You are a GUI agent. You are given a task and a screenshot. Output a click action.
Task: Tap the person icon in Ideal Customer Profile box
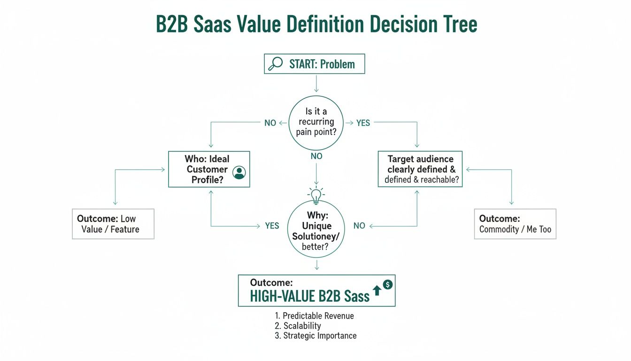pyautogui.click(x=239, y=173)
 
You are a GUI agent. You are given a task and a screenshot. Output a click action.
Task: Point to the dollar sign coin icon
pyautogui.click(x=387, y=284)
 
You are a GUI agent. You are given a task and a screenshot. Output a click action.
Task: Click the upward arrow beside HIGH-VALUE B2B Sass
pyautogui.click(x=377, y=292)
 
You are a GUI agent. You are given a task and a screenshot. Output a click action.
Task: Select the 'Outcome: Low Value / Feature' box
pyautogui.click(x=113, y=224)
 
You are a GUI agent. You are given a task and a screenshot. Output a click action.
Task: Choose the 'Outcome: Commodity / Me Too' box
pyautogui.click(x=515, y=224)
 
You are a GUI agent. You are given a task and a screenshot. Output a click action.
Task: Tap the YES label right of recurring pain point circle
pyautogui.click(x=363, y=123)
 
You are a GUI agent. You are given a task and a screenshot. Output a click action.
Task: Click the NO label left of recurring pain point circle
pyautogui.click(x=270, y=123)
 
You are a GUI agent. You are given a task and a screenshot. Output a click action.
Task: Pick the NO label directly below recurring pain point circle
pyautogui.click(x=316, y=156)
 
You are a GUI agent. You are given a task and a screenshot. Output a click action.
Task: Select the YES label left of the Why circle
pyautogui.click(x=272, y=226)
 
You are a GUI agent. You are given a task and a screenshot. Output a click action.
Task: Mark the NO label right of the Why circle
pyautogui.click(x=359, y=226)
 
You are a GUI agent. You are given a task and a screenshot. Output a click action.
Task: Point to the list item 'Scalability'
pyautogui.click(x=302, y=326)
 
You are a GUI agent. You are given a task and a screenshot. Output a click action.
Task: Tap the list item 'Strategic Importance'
pyautogui.click(x=320, y=336)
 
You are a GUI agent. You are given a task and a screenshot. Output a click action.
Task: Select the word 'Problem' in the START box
pyautogui.click(x=338, y=64)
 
